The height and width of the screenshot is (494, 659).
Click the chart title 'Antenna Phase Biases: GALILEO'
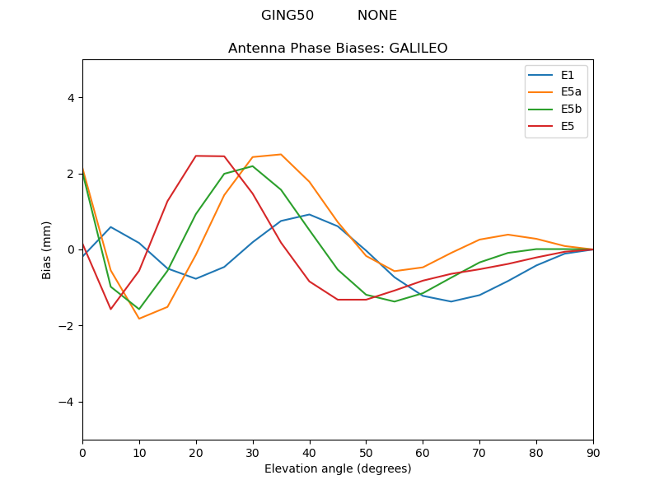click(x=338, y=49)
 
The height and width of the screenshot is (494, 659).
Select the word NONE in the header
click(x=377, y=16)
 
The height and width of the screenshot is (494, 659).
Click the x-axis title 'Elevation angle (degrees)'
click(x=338, y=469)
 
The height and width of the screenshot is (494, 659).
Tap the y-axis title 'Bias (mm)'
click(x=47, y=249)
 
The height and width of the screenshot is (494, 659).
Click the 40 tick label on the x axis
click(x=310, y=452)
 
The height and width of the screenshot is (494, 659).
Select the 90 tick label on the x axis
click(x=593, y=452)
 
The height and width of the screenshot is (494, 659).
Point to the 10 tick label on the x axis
click(x=139, y=452)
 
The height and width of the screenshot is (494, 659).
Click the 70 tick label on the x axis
click(x=479, y=452)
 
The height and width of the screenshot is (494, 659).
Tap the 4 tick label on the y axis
click(x=71, y=97)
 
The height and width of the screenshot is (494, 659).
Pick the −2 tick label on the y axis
click(x=68, y=326)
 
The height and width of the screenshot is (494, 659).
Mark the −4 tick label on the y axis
click(x=68, y=402)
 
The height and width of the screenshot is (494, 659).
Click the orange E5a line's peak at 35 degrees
click(x=281, y=154)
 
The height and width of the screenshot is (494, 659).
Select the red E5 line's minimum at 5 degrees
click(x=110, y=309)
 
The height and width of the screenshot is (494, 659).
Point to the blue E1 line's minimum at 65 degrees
click(x=451, y=301)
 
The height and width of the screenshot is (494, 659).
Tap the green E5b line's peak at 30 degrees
click(x=253, y=166)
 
